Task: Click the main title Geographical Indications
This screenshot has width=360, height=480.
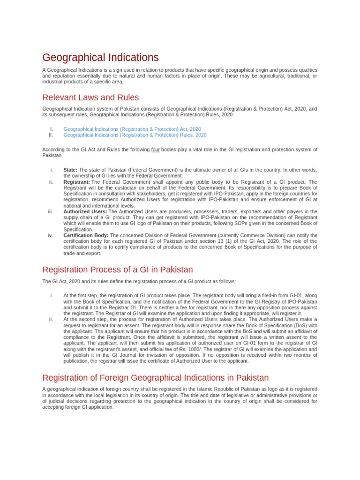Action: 100,58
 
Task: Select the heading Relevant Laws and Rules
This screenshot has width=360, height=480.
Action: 90,97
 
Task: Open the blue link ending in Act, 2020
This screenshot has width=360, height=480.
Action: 132,129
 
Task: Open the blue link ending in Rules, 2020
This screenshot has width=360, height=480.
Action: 135,135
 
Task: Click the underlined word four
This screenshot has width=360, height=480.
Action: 156,150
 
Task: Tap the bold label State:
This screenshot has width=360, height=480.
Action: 70,170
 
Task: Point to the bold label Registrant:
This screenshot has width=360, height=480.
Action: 76,182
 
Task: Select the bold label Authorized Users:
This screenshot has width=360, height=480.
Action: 85,211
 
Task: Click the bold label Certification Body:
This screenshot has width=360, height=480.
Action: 86,235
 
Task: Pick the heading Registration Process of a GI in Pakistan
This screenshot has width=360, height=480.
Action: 117,270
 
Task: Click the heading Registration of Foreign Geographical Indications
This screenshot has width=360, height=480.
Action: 155,378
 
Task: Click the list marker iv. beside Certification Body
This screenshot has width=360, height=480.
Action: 50,235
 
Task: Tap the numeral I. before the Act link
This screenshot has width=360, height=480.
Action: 51,129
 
